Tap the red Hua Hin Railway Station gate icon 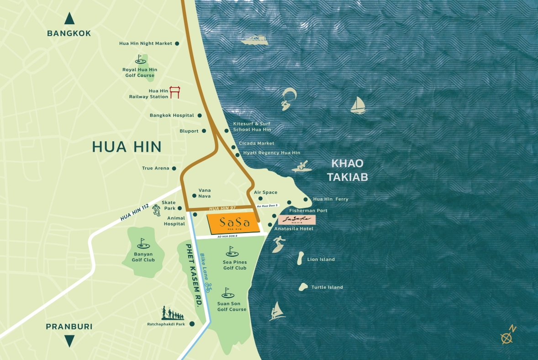click(x=174, y=92)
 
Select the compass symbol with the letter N click(x=507, y=336)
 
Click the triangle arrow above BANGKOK click(x=69, y=19)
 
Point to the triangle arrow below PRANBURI click(x=69, y=341)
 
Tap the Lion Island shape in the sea click(x=301, y=259)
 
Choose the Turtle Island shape click(x=303, y=287)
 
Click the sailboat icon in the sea click(x=358, y=105)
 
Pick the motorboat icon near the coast click(x=255, y=41)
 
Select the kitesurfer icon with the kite click(x=287, y=99)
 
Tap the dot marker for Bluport click(x=204, y=131)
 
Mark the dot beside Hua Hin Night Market click(x=177, y=43)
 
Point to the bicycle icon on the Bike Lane click(x=208, y=287)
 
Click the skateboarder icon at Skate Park click(x=156, y=209)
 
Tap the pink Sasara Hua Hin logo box click(x=296, y=220)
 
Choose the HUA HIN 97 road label click(x=222, y=208)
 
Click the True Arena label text click(x=155, y=168)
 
